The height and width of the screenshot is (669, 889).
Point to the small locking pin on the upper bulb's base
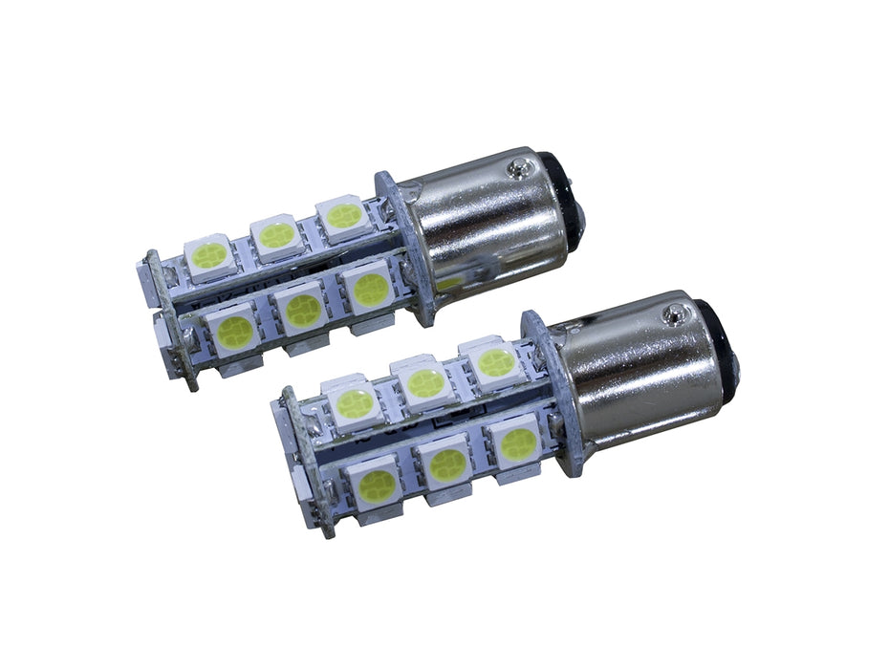pos(519,170)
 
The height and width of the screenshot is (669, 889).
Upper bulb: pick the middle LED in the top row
pos(277,234)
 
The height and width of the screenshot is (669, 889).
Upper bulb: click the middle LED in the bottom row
pos(303,310)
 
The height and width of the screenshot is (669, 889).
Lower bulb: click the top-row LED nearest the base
pos(494,362)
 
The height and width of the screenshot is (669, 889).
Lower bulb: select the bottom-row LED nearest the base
pos(518,442)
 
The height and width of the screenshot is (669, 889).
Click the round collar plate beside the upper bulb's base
pos(402,239)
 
